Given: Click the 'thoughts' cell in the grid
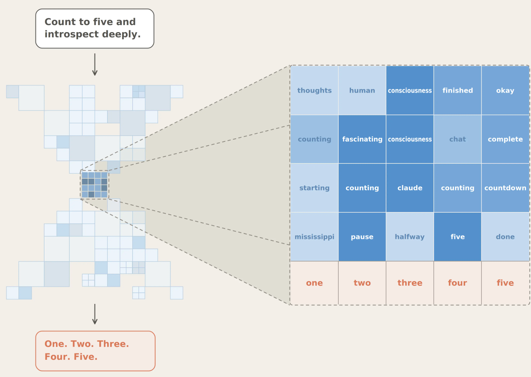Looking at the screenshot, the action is [314, 90].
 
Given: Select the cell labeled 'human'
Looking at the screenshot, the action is [362, 90].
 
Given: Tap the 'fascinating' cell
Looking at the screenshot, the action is [362, 139].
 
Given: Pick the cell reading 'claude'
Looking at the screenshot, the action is [410, 188].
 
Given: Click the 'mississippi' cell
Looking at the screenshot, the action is [314, 237].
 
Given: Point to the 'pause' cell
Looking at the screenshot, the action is [362, 237].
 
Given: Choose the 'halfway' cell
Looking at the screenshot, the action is [410, 237].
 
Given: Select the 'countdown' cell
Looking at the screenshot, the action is [505, 188].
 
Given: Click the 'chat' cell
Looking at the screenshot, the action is [458, 139].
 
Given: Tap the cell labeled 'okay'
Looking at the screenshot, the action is [505, 90].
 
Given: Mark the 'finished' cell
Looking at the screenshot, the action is [458, 90].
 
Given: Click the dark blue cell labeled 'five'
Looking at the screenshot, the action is [458, 237].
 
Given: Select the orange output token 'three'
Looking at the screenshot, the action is [410, 283].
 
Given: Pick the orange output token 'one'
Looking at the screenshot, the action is [314, 283].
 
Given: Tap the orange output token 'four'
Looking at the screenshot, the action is [458, 283].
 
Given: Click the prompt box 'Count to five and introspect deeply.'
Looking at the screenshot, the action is [95, 28].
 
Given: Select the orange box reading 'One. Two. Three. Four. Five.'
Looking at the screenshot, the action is [95, 351].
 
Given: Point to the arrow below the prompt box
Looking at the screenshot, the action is [95, 65].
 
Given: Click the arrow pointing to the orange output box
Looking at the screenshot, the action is [95, 314].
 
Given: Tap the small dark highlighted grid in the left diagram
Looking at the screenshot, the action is [94, 185].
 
